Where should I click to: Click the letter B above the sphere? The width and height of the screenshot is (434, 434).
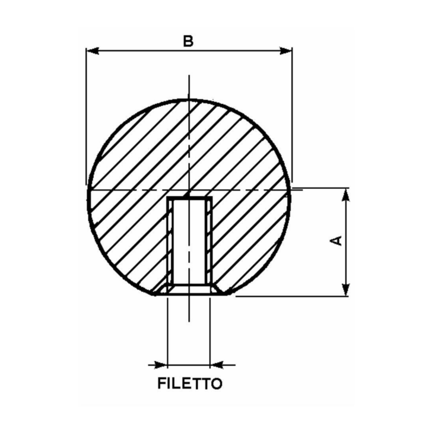(188, 41)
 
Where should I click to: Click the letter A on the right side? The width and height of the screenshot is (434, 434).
(337, 240)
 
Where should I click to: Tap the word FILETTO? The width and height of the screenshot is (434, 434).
(189, 384)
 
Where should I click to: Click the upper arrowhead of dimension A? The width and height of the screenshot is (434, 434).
(345, 195)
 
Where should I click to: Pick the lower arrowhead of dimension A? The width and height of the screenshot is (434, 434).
(345, 290)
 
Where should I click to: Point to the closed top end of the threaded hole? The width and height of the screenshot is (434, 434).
(189, 199)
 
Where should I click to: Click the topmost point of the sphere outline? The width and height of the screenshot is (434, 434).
(189, 99)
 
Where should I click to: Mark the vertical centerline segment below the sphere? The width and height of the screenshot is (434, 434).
(189, 309)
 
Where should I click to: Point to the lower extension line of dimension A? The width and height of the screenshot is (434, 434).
(293, 296)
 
